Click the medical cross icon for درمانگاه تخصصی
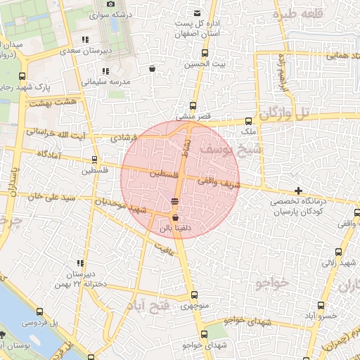tap(299, 191)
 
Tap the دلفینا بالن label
tap(174, 228)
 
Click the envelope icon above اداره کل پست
tap(196, 13)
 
